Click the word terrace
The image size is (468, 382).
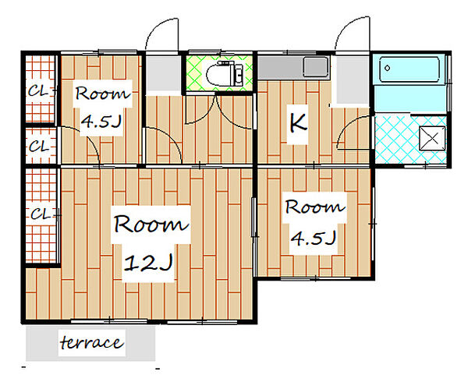[91, 342]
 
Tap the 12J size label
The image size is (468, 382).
[148, 263]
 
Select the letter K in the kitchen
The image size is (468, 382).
[298, 123]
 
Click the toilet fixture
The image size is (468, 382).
[225, 73]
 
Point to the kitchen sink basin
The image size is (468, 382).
[316, 67]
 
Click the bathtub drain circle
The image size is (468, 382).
[388, 68]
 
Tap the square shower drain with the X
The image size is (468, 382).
[432, 138]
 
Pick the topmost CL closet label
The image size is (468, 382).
[37, 91]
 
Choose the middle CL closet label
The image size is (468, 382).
[39, 146]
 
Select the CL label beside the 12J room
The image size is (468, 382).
[41, 214]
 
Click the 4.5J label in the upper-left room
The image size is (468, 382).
[101, 121]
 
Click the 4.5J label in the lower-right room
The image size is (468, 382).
[314, 238]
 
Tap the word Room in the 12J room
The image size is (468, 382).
[151, 224]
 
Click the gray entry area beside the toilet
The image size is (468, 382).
[164, 73]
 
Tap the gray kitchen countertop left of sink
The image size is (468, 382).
[280, 67]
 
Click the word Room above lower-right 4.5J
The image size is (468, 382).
[315, 207]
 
